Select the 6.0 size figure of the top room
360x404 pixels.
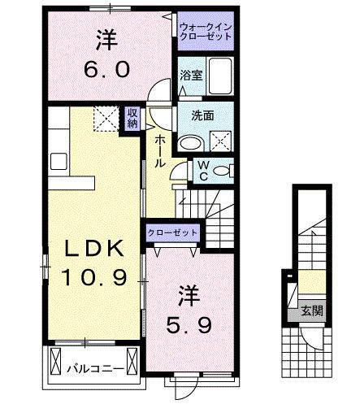pos(106,69)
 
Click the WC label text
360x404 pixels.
pos(203,170)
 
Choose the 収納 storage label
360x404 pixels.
pos(132,118)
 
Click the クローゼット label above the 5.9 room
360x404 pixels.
pos(173,232)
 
